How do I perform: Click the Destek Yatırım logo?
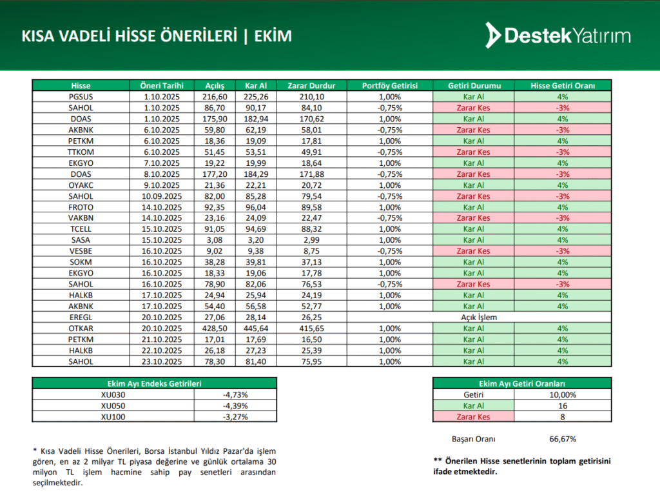coord(558,35)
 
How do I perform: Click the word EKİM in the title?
coord(273,36)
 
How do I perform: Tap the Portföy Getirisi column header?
coord(390,85)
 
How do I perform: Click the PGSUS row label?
coord(81,96)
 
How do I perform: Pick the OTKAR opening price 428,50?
coord(214,329)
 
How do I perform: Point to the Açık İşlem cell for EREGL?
coord(474,318)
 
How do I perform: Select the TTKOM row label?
coord(81,152)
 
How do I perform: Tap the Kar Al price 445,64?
coord(256,329)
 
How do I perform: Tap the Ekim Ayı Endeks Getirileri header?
coord(154,383)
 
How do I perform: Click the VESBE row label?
coord(81,251)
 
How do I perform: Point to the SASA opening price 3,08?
coord(214,240)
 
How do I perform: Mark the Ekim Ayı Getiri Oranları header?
coord(523,383)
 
